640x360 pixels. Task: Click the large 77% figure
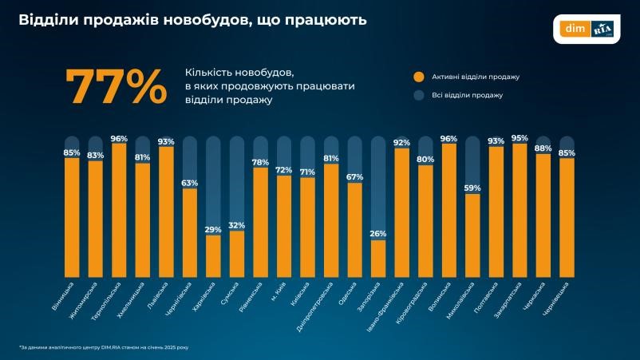coord(116,87)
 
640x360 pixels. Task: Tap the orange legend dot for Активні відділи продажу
coord(417,77)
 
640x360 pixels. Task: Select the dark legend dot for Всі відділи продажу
coord(417,95)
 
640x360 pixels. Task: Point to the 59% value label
coord(472,188)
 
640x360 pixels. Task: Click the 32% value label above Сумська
coord(237,225)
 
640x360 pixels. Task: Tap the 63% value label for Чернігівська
coord(190,183)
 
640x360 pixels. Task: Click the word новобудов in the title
coord(197,19)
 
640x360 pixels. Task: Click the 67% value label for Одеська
coord(355,176)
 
